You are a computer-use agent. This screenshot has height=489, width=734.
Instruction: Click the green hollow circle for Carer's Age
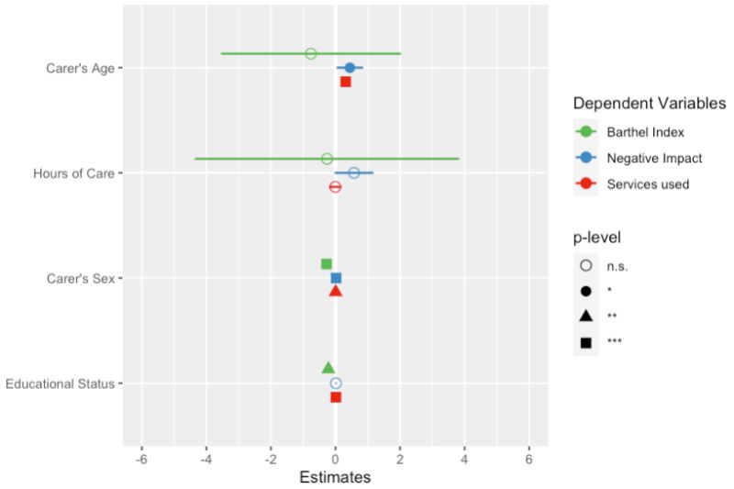(310, 53)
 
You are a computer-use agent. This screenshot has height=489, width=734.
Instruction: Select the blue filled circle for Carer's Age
(350, 67)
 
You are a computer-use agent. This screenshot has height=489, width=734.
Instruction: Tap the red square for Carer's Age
(346, 82)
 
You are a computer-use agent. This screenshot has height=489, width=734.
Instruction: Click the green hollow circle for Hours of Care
(327, 159)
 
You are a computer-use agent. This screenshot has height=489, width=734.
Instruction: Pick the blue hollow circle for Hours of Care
(354, 172)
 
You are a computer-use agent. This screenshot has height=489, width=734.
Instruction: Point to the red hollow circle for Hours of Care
(335, 186)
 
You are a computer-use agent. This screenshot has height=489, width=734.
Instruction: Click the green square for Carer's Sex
(327, 264)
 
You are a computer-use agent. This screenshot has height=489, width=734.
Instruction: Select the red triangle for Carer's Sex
(336, 291)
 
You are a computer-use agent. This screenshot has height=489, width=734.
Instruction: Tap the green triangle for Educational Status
(328, 368)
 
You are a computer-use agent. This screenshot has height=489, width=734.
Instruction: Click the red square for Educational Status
(336, 397)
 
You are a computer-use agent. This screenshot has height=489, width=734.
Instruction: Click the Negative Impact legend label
(653, 158)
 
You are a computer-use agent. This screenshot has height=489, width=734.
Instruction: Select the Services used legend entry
(647, 183)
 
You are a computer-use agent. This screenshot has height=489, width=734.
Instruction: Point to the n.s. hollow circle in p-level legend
(586, 266)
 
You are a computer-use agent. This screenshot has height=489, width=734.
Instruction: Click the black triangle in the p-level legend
(586, 317)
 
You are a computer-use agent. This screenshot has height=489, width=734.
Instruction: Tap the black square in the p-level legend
(586, 342)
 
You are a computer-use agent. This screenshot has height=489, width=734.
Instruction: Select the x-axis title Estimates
(335, 478)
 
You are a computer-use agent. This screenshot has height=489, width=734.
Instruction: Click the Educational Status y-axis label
(60, 383)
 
